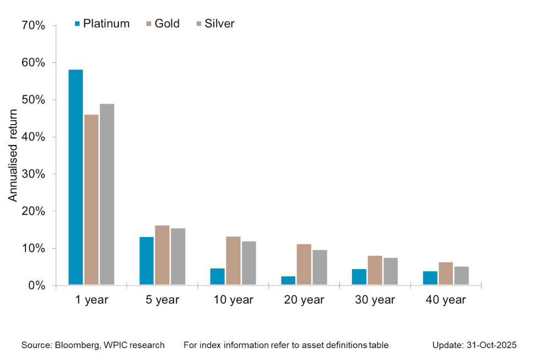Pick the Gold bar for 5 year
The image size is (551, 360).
pos(162,255)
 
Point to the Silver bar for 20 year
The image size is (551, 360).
pos(320,267)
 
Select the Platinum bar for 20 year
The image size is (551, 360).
pos(288,281)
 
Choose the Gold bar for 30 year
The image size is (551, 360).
pos(375,270)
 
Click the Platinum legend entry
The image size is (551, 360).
pos(102,24)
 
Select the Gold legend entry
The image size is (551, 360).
pos(163,24)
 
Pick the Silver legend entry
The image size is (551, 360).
pos(215,24)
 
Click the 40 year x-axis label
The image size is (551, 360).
pos(446,300)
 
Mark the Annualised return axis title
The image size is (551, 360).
pos(13,155)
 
